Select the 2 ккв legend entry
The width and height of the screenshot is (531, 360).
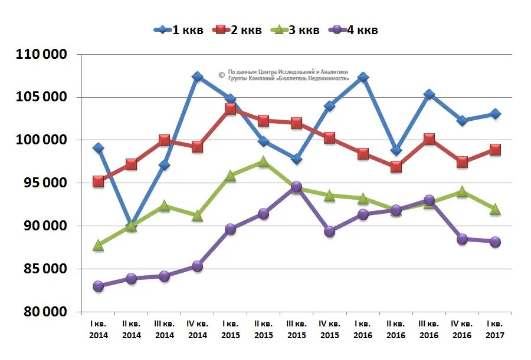(x=237, y=30)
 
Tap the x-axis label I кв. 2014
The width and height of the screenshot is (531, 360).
(x=98, y=329)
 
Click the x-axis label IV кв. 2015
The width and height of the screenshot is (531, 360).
(x=329, y=329)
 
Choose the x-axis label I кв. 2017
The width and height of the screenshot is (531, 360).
(x=494, y=329)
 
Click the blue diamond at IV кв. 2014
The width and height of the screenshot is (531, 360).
(x=197, y=77)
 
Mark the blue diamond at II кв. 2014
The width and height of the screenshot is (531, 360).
(x=131, y=225)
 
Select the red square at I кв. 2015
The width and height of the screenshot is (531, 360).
(x=230, y=108)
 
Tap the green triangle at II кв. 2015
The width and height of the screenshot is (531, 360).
(x=263, y=162)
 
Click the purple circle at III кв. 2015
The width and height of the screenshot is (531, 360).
(x=296, y=187)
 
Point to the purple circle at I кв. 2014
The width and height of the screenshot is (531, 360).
(x=98, y=286)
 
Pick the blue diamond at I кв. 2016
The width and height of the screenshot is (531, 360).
(x=363, y=77)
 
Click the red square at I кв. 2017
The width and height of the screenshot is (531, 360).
(x=495, y=150)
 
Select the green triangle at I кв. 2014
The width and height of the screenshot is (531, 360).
(x=98, y=246)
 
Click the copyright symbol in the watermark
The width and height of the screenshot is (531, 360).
(x=221, y=75)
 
